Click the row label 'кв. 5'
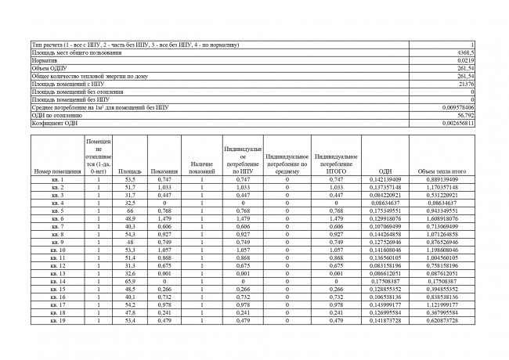57,211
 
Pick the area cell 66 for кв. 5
129,211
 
